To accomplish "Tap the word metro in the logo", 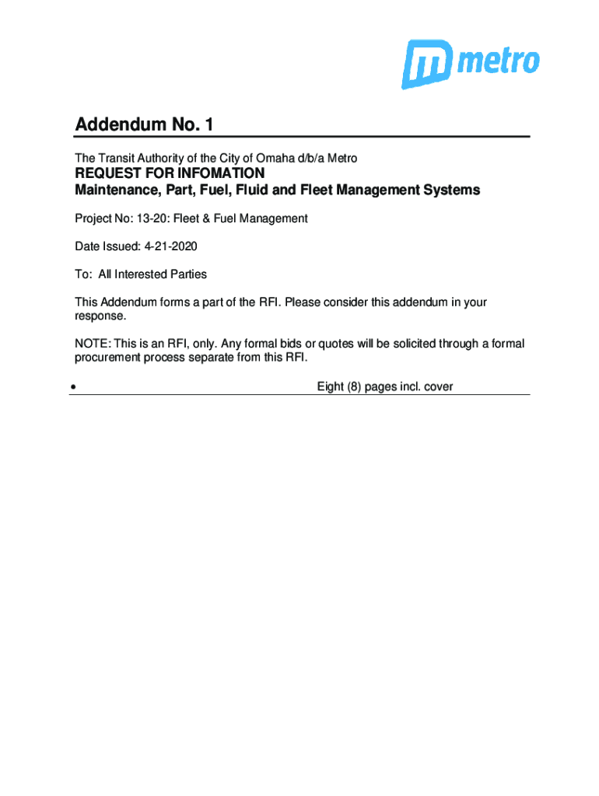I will [498, 61].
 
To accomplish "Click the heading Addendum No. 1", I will [143, 124].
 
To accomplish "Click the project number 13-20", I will [149, 218].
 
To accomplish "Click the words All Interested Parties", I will [152, 274].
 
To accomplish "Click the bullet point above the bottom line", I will [72, 386].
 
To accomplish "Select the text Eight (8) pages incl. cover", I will [384, 386].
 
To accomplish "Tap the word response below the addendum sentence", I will [98, 316].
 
